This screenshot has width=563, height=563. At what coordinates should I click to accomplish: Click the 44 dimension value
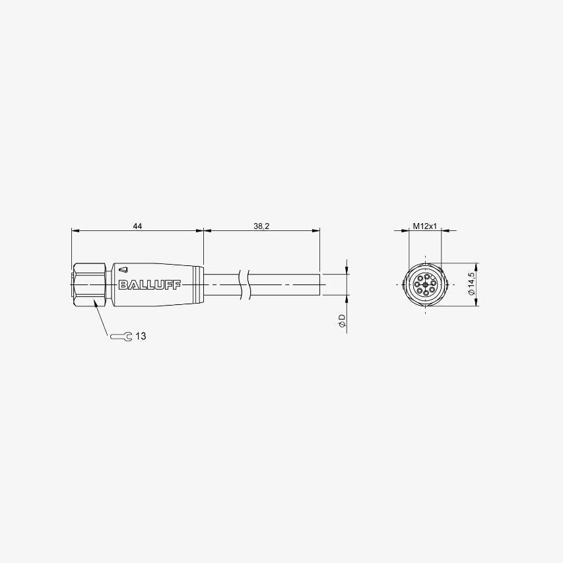click(137, 226)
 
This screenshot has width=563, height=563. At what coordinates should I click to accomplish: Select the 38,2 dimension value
click(261, 226)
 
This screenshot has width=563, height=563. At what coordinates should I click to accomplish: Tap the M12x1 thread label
click(425, 226)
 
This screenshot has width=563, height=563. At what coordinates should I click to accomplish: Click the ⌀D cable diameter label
click(341, 321)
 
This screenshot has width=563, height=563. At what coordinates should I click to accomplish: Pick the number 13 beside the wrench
click(141, 336)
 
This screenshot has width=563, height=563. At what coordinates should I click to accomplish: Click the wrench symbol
click(121, 337)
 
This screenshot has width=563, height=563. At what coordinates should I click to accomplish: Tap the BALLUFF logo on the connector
click(150, 284)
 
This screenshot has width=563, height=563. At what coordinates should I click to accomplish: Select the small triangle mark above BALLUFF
click(124, 269)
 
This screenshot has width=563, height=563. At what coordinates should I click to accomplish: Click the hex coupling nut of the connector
click(89, 284)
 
